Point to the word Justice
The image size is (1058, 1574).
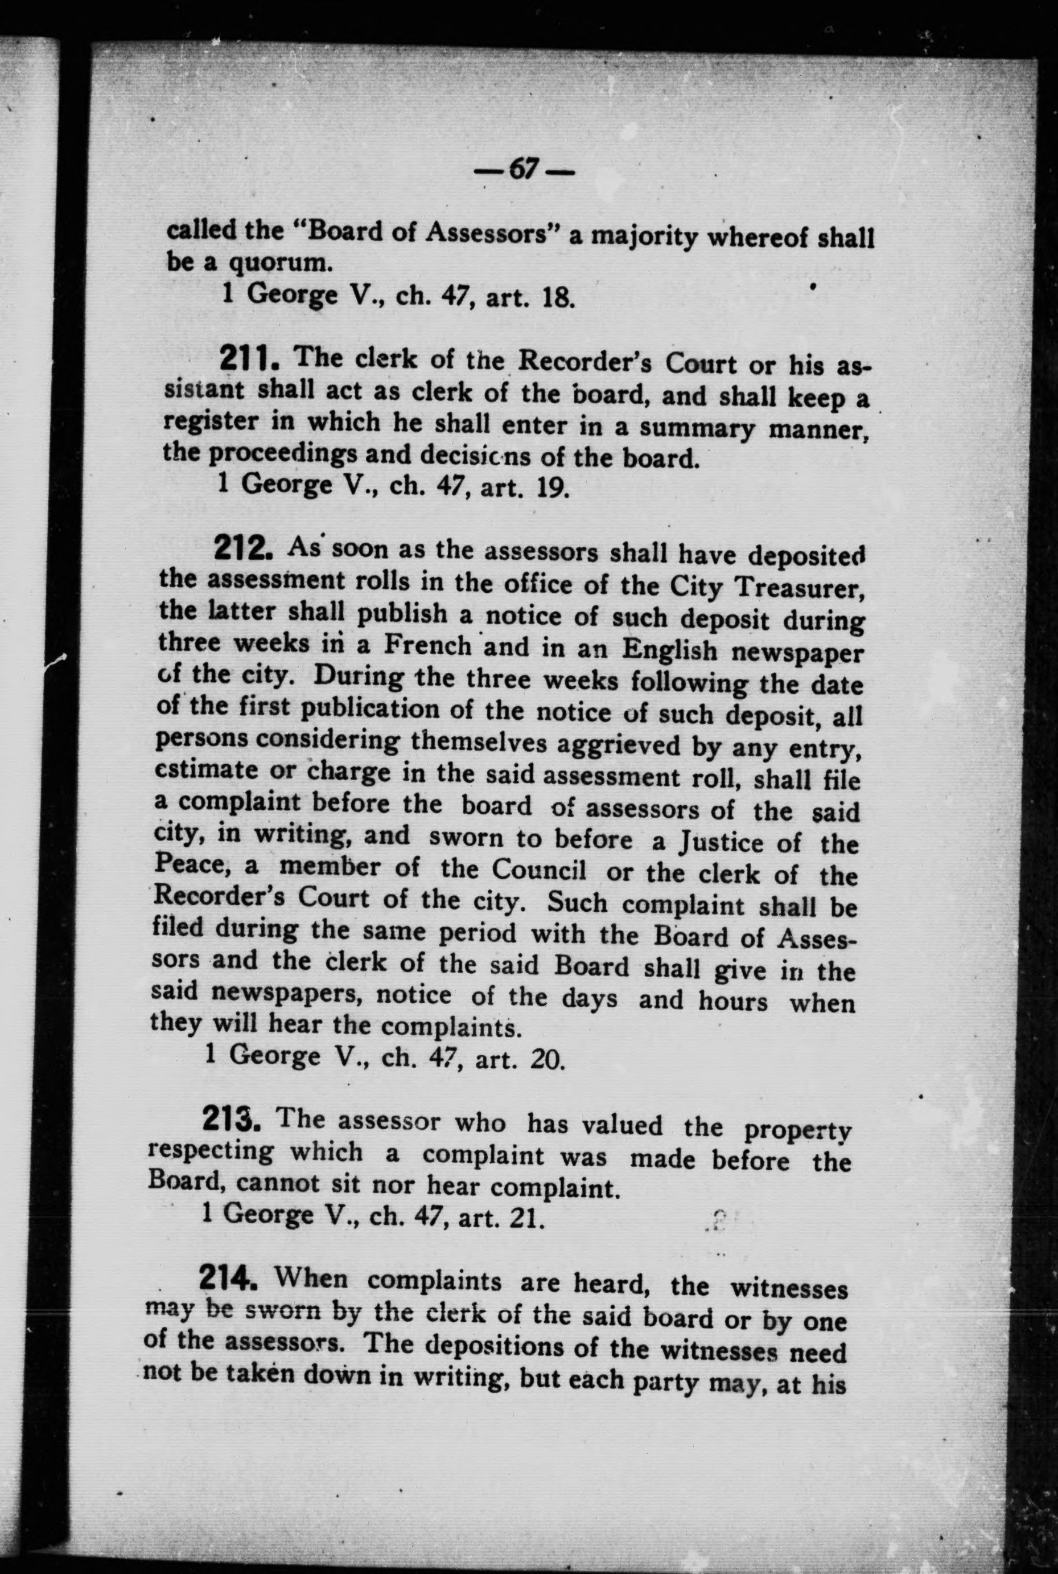(x=731, y=842)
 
